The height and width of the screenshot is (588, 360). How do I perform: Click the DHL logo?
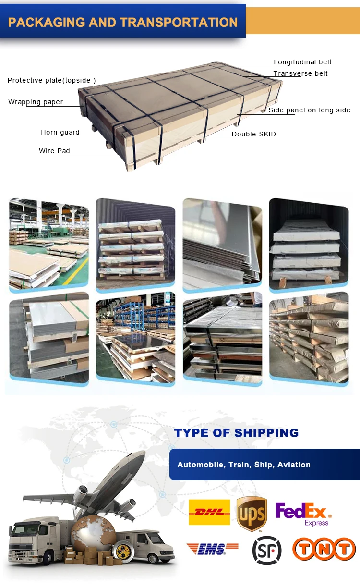click(x=209, y=512)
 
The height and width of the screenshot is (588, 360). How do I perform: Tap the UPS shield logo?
click(x=252, y=514)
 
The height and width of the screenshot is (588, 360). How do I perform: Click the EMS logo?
click(x=212, y=549)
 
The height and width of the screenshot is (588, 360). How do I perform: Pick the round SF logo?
click(x=266, y=550)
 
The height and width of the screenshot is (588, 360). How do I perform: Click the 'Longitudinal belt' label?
click(x=302, y=62)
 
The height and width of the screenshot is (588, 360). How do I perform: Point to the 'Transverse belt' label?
click(x=300, y=73)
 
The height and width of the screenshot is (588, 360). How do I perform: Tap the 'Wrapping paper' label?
click(x=36, y=102)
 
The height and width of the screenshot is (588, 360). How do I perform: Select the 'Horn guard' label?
click(x=60, y=132)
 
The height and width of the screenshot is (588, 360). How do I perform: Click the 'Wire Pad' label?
click(x=54, y=151)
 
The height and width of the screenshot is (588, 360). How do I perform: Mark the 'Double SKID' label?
click(x=253, y=134)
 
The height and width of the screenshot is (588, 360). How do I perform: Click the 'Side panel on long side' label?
click(x=309, y=110)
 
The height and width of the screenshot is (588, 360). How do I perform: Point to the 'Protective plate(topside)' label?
click(x=51, y=80)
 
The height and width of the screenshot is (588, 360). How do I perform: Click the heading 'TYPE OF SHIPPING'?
click(x=236, y=433)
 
